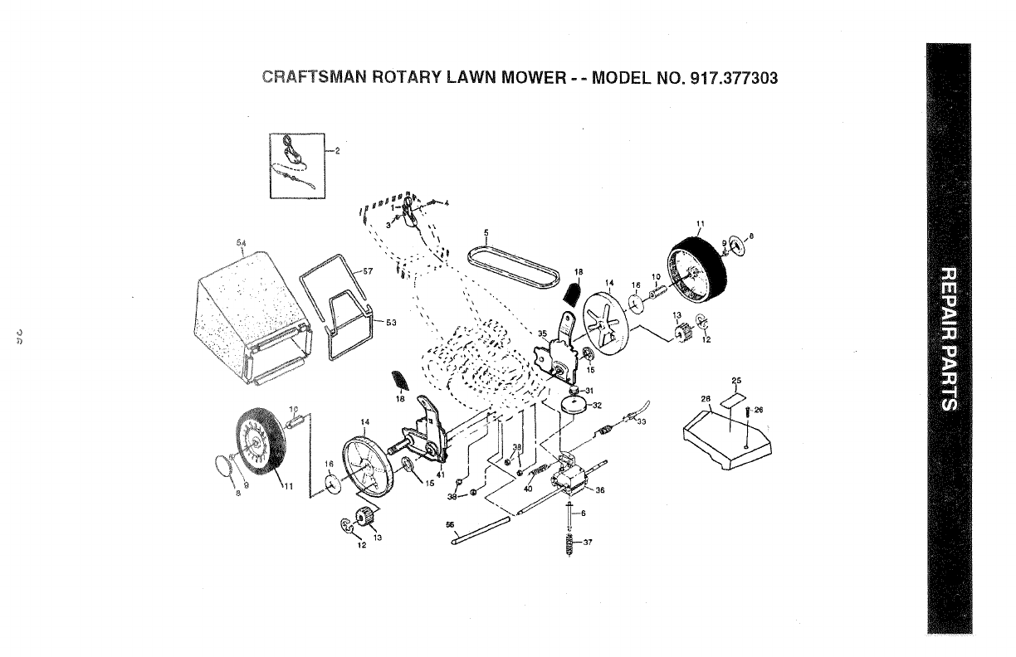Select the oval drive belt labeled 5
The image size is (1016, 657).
click(x=512, y=266)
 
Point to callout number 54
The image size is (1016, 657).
click(x=242, y=243)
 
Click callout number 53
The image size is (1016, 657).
click(x=379, y=323)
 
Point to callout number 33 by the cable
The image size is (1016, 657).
click(x=642, y=421)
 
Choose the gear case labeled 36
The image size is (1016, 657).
click(x=573, y=479)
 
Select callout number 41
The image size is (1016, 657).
click(x=440, y=474)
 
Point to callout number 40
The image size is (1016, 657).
click(x=527, y=489)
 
